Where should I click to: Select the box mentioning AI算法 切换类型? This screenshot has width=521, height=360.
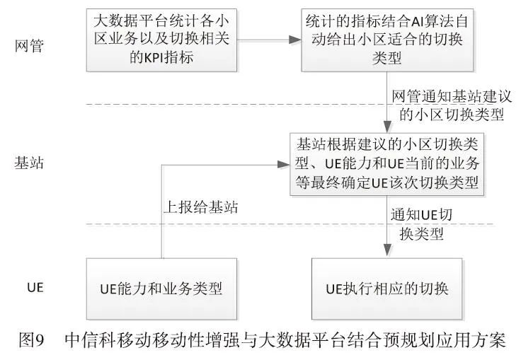point(385,41)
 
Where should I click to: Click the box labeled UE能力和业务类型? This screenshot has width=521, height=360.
point(162,289)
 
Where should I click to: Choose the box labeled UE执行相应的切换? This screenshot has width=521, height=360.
point(387,289)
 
